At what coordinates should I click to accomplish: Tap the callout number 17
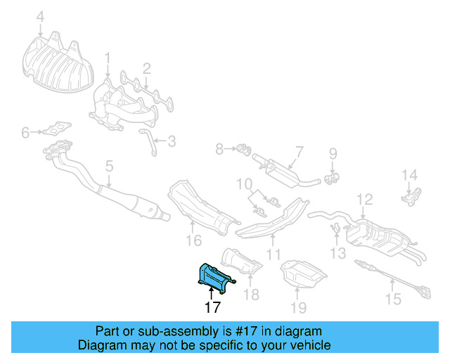212,307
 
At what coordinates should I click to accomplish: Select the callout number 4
40,16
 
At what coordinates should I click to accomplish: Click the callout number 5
108,166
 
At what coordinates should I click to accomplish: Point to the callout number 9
333,153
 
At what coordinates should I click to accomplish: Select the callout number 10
243,185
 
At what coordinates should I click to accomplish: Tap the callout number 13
338,252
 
